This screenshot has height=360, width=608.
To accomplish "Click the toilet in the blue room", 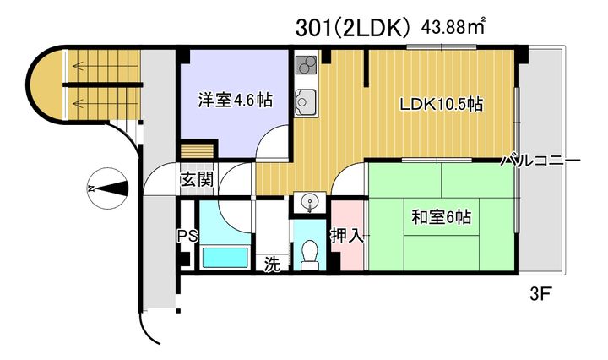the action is [309, 255].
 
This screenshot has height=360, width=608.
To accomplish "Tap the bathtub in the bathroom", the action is [225, 258].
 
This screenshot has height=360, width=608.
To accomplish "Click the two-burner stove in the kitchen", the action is [306, 65].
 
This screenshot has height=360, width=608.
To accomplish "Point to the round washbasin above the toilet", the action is [309, 202].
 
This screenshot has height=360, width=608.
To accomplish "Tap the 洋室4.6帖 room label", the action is [235, 100].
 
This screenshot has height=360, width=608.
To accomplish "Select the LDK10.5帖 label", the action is [442, 104].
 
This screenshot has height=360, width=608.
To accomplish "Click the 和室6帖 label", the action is [441, 217].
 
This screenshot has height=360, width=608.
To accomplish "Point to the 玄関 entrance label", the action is [197, 180].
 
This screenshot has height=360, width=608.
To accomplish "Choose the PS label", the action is [187, 236].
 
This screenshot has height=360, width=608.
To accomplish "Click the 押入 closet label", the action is [347, 236].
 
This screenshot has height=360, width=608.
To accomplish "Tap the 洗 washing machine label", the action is [272, 265].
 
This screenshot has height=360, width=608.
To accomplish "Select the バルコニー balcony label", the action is [540, 161].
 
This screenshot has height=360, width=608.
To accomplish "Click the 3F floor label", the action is [540, 294].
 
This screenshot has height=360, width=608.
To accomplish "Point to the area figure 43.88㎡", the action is [453, 27].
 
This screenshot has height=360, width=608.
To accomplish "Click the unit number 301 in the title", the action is [310, 28].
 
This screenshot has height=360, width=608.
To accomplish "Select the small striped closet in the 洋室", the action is [198, 151].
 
